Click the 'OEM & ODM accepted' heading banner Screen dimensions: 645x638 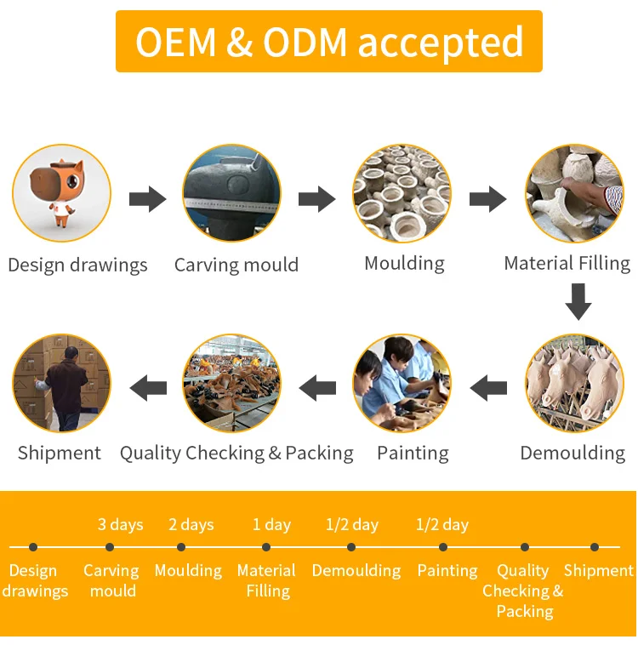[329, 42]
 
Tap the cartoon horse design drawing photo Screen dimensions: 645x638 [61, 193]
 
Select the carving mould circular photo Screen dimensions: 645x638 [231, 193]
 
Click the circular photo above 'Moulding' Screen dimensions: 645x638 [402, 193]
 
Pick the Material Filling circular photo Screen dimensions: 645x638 [573, 193]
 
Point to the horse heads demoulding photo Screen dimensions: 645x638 [573, 383]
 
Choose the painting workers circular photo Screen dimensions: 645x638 [402, 383]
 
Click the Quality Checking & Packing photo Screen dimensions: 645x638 [231, 383]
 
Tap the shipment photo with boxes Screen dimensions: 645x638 [61, 383]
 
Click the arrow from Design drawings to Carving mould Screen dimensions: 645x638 [147, 200]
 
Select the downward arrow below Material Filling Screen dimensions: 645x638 [578, 302]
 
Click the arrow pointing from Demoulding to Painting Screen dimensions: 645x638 [489, 389]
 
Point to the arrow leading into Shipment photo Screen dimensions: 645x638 [147, 389]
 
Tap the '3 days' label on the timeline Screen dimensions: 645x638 [120, 524]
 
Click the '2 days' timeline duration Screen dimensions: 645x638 [191, 524]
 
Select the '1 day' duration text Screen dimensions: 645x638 [271, 524]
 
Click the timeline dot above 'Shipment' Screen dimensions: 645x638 [595, 547]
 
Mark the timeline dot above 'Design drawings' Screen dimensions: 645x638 [33, 547]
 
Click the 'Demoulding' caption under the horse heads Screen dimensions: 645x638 [572, 453]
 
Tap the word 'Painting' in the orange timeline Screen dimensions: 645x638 [447, 571]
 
